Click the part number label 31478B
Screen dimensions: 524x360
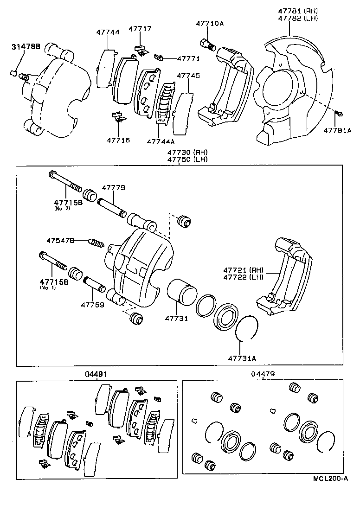click(26, 46)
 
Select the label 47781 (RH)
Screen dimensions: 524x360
click(298, 10)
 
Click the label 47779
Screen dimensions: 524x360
click(114, 188)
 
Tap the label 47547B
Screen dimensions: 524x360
click(60, 240)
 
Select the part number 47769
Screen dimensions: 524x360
click(93, 305)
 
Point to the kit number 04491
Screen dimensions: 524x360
click(97, 373)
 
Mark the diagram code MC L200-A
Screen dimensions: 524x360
click(330, 479)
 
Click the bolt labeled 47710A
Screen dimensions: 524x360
click(207, 45)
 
